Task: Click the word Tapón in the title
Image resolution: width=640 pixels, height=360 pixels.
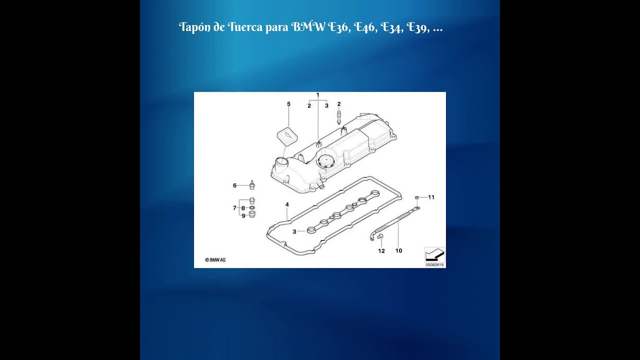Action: click(195, 27)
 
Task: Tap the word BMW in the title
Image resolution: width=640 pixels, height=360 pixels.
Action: click(308, 27)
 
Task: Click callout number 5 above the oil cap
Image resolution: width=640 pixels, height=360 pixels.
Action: click(288, 104)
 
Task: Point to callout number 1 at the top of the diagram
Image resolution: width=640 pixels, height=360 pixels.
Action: click(317, 95)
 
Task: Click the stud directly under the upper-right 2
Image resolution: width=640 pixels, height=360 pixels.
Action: click(339, 117)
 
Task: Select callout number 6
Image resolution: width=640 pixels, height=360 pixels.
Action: click(234, 185)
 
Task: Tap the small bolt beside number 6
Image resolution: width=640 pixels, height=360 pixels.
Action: click(252, 184)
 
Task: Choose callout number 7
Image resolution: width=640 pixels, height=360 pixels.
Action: click(234, 208)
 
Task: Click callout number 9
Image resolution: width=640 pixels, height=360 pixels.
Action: click(243, 216)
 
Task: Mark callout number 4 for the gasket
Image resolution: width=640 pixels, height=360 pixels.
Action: click(287, 204)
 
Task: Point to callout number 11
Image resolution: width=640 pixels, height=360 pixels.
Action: click(431, 197)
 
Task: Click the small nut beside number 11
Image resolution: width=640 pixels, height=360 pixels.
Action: click(417, 197)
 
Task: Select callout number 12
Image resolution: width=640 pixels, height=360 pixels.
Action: click(381, 251)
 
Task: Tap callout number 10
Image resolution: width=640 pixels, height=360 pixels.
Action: click(399, 251)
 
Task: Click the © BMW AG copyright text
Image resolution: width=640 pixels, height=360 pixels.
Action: click(215, 260)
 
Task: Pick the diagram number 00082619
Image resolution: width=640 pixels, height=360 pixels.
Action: click(434, 265)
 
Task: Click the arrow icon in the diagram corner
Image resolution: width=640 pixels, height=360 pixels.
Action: click(434, 254)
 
